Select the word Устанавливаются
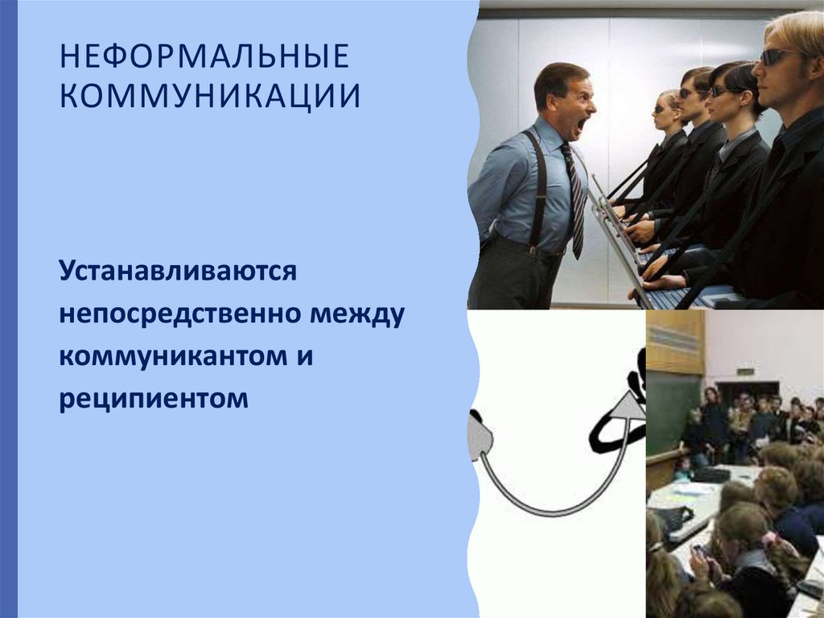tap(178, 272)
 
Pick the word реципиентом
tap(153, 397)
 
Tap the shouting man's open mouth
tap(580, 125)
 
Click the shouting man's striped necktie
tap(574, 201)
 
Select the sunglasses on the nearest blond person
tap(777, 56)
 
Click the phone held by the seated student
tap(699, 550)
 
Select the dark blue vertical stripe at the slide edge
tap(8, 309)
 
